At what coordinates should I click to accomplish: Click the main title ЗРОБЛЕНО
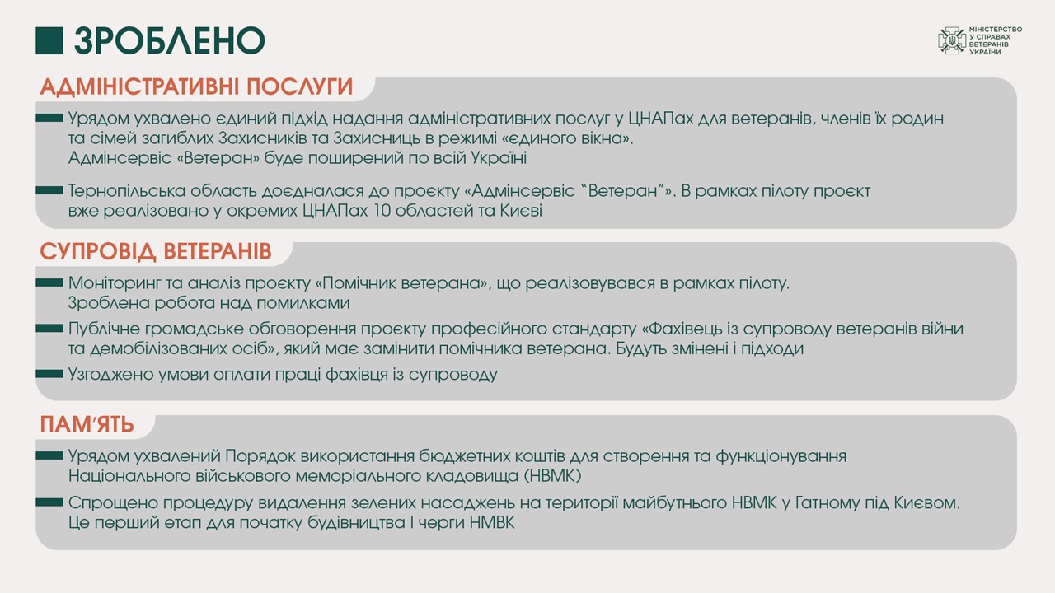click(x=170, y=40)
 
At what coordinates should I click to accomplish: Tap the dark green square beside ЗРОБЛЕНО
click(x=49, y=40)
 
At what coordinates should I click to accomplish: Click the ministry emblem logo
click(x=952, y=40)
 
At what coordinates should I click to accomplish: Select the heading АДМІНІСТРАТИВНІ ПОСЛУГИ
click(x=196, y=86)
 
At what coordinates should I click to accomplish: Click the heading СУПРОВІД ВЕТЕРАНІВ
click(x=156, y=251)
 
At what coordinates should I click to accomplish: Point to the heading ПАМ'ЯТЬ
click(x=87, y=424)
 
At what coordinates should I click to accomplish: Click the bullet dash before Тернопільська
click(x=49, y=190)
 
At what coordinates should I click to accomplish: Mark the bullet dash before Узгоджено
click(x=49, y=374)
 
